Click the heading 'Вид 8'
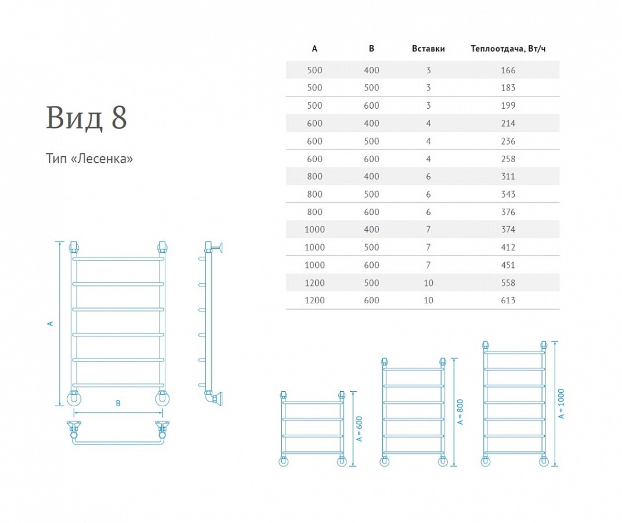(86, 117)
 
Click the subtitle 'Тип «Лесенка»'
(90, 159)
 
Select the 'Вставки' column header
(428, 49)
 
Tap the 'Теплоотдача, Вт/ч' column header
(508, 49)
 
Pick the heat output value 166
(508, 70)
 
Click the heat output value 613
(508, 300)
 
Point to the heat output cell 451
(508, 265)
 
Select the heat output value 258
(508, 159)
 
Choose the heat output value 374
(508, 230)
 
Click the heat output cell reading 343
(508, 194)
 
